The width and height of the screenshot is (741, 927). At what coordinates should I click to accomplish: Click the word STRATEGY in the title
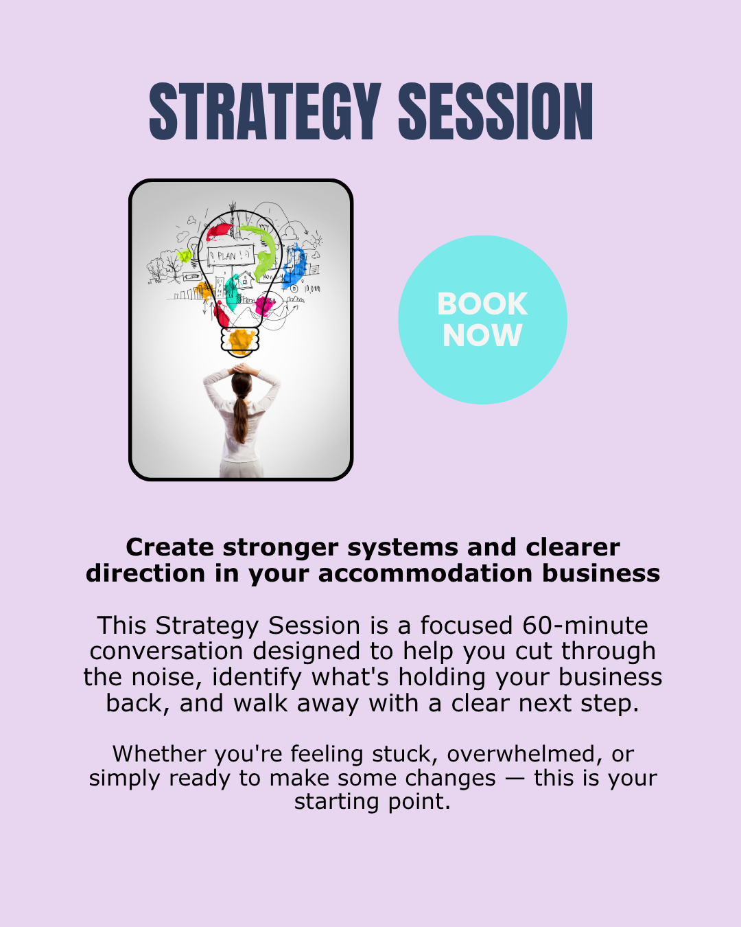[265, 111]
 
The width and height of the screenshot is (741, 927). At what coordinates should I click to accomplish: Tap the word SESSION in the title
[495, 111]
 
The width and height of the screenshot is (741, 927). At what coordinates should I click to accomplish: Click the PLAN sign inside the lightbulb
[227, 256]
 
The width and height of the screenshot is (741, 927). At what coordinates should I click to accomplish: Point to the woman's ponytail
[240, 415]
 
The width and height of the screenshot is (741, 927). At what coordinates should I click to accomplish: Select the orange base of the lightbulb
[241, 341]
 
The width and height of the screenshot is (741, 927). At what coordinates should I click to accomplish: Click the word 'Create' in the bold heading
[170, 547]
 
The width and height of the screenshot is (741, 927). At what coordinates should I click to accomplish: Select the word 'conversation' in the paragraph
[167, 652]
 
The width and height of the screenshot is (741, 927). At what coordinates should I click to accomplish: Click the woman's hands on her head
[241, 371]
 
